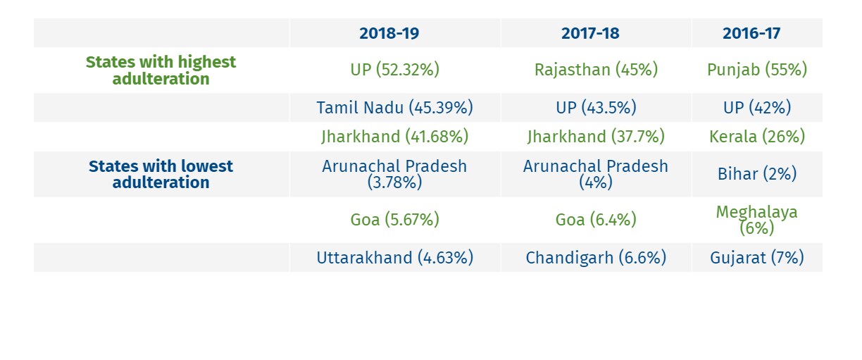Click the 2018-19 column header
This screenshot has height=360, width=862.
pyautogui.click(x=394, y=33)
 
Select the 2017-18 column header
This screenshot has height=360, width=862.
pyautogui.click(x=595, y=33)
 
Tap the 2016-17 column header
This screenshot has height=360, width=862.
pyautogui.click(x=756, y=33)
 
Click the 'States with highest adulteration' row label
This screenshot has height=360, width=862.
pyautogui.click(x=161, y=70)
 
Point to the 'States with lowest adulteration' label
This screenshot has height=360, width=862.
pyautogui.click(x=161, y=174)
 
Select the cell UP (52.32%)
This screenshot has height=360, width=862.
pyautogui.click(x=394, y=70)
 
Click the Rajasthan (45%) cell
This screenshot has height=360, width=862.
pyautogui.click(x=596, y=70)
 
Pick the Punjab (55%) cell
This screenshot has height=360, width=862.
pyautogui.click(x=756, y=70)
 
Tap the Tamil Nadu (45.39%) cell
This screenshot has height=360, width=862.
pyautogui.click(x=394, y=108)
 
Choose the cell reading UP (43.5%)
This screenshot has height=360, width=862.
pyautogui.click(x=596, y=108)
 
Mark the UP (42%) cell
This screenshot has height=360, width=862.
pyautogui.click(x=756, y=108)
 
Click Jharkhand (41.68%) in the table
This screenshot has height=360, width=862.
pyautogui.click(x=394, y=136)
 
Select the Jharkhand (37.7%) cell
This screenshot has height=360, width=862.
pyautogui.click(x=596, y=136)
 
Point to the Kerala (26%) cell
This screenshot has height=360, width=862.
pyautogui.click(x=756, y=136)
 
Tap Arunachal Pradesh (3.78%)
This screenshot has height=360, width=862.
pyautogui.click(x=394, y=174)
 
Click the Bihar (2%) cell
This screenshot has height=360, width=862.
pyautogui.click(x=756, y=174)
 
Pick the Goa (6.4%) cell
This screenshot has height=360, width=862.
pyautogui.click(x=596, y=220)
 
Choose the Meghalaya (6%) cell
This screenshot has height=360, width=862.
pyautogui.click(x=756, y=220)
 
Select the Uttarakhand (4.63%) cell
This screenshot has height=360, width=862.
pyautogui.click(x=394, y=258)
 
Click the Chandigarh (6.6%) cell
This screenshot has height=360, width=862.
pyautogui.click(x=596, y=258)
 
